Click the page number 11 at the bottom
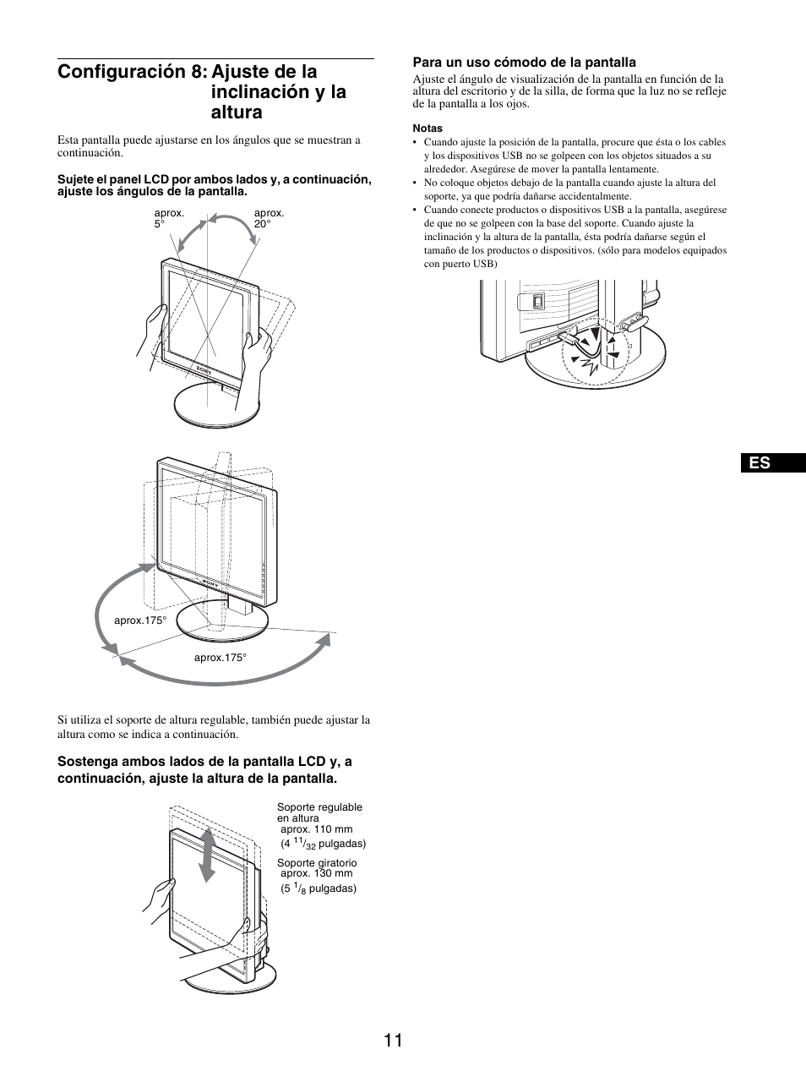tap(392, 1040)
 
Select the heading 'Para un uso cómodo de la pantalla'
tap(524, 62)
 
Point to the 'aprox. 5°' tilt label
tap(168, 218)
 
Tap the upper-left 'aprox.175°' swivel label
tap(140, 621)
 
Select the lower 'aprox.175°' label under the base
tap(220, 658)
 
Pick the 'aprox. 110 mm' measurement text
tap(317, 829)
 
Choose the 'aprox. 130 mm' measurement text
tap(317, 873)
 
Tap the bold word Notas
tap(428, 128)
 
